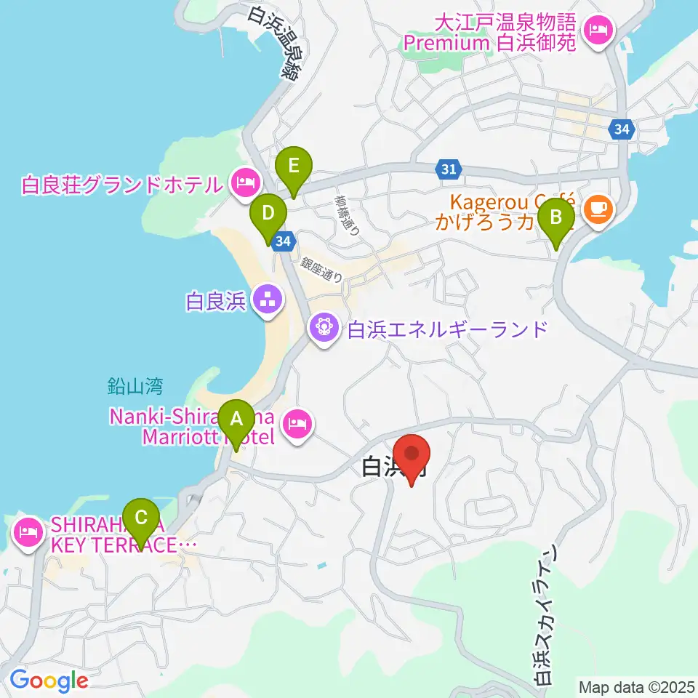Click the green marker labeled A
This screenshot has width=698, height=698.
[236, 420]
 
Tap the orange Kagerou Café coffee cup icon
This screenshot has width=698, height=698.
[598, 209]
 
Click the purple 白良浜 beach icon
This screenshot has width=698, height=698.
[268, 298]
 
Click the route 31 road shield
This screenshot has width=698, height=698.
[449, 169]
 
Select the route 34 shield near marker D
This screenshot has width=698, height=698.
[284, 240]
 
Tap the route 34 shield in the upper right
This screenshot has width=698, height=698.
[621, 129]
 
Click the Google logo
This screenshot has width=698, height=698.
[49, 681]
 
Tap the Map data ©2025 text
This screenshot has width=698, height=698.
[635, 686]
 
